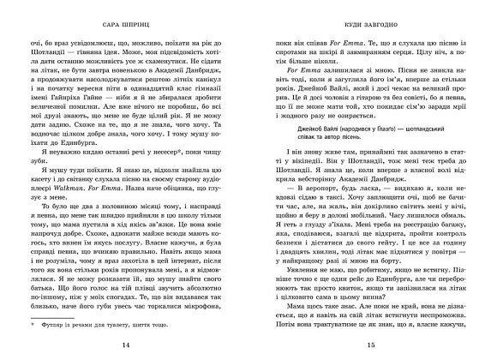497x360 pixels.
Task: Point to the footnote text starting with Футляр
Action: click(103, 326)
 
